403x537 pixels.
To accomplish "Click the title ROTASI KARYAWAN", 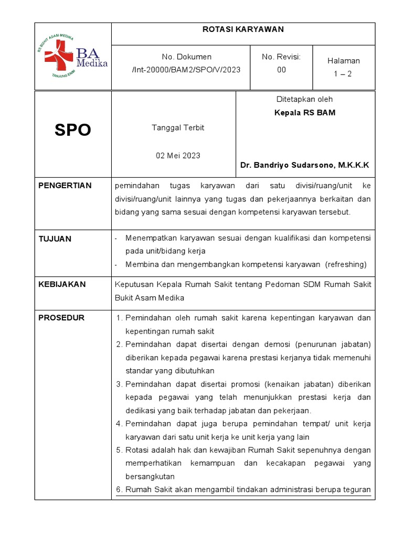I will click(243, 30).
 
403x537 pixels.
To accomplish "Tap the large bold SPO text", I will click(73, 130).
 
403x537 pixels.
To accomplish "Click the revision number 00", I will click(281, 70).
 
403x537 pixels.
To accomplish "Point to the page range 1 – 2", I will click(343, 74).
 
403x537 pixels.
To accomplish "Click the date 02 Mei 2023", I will click(178, 156).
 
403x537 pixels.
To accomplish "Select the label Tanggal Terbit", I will click(178, 128).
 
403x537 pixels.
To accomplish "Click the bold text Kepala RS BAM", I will click(305, 113).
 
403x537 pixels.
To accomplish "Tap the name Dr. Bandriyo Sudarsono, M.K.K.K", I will click(305, 165).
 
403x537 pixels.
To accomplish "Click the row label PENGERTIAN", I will click(65, 186).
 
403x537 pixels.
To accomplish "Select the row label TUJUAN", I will click(55, 239).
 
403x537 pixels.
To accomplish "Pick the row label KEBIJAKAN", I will click(62, 285).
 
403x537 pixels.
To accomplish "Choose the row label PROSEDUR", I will click(61, 318).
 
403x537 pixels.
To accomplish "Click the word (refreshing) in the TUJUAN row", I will click(346, 264).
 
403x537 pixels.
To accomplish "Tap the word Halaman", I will click(343, 61).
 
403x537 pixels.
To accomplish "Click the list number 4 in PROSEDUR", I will click(119, 424).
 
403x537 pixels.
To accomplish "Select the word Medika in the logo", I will click(92, 63).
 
